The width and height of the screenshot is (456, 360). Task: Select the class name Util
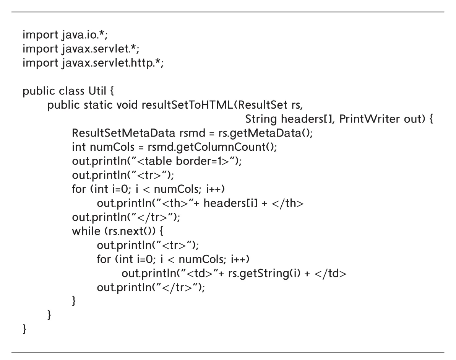click(97, 91)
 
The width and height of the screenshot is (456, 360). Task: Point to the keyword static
click(98, 105)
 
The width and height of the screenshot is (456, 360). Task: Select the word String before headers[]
click(261, 119)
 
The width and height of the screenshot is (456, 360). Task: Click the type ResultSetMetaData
click(123, 133)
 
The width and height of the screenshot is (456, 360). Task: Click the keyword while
click(86, 231)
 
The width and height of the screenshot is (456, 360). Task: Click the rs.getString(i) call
click(264, 274)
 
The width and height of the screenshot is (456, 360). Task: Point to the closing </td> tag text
click(330, 273)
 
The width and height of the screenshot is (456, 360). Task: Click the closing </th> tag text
click(287, 203)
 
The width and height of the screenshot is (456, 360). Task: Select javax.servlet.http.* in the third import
click(113, 63)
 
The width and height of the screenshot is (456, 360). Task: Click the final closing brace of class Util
click(24, 329)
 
